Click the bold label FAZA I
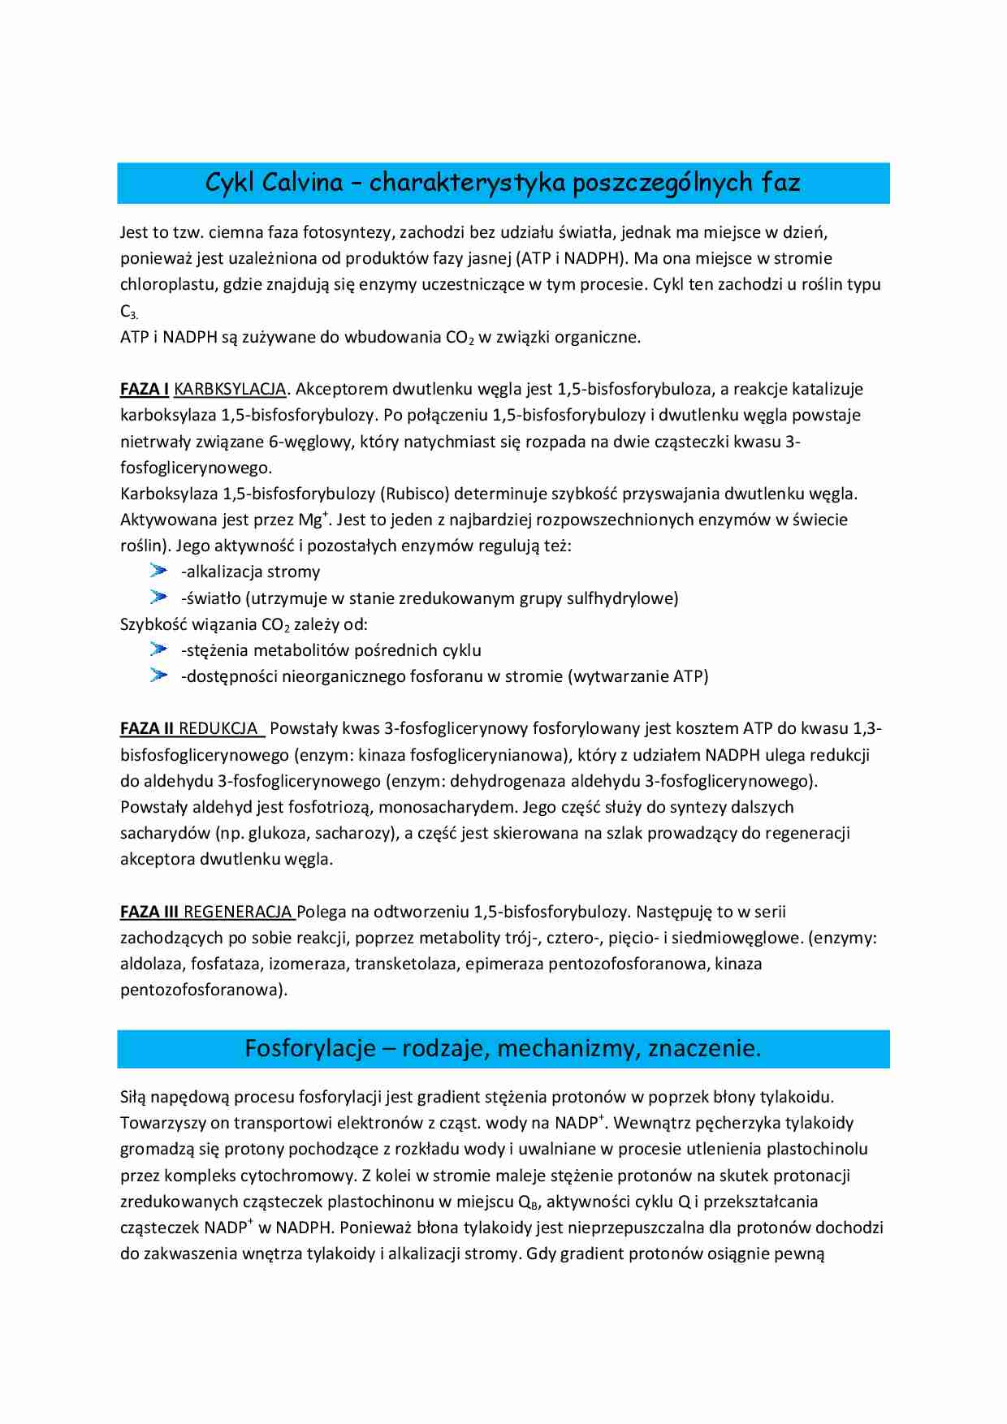point(145,389)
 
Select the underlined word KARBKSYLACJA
point(230,389)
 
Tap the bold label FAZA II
point(147,728)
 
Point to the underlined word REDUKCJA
point(218,728)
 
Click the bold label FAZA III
point(149,912)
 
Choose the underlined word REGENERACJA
point(238,912)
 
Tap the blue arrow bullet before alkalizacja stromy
point(158,571)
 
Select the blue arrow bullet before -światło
point(158,598)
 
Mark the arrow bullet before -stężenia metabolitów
point(158,649)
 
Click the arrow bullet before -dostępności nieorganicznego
point(158,675)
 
